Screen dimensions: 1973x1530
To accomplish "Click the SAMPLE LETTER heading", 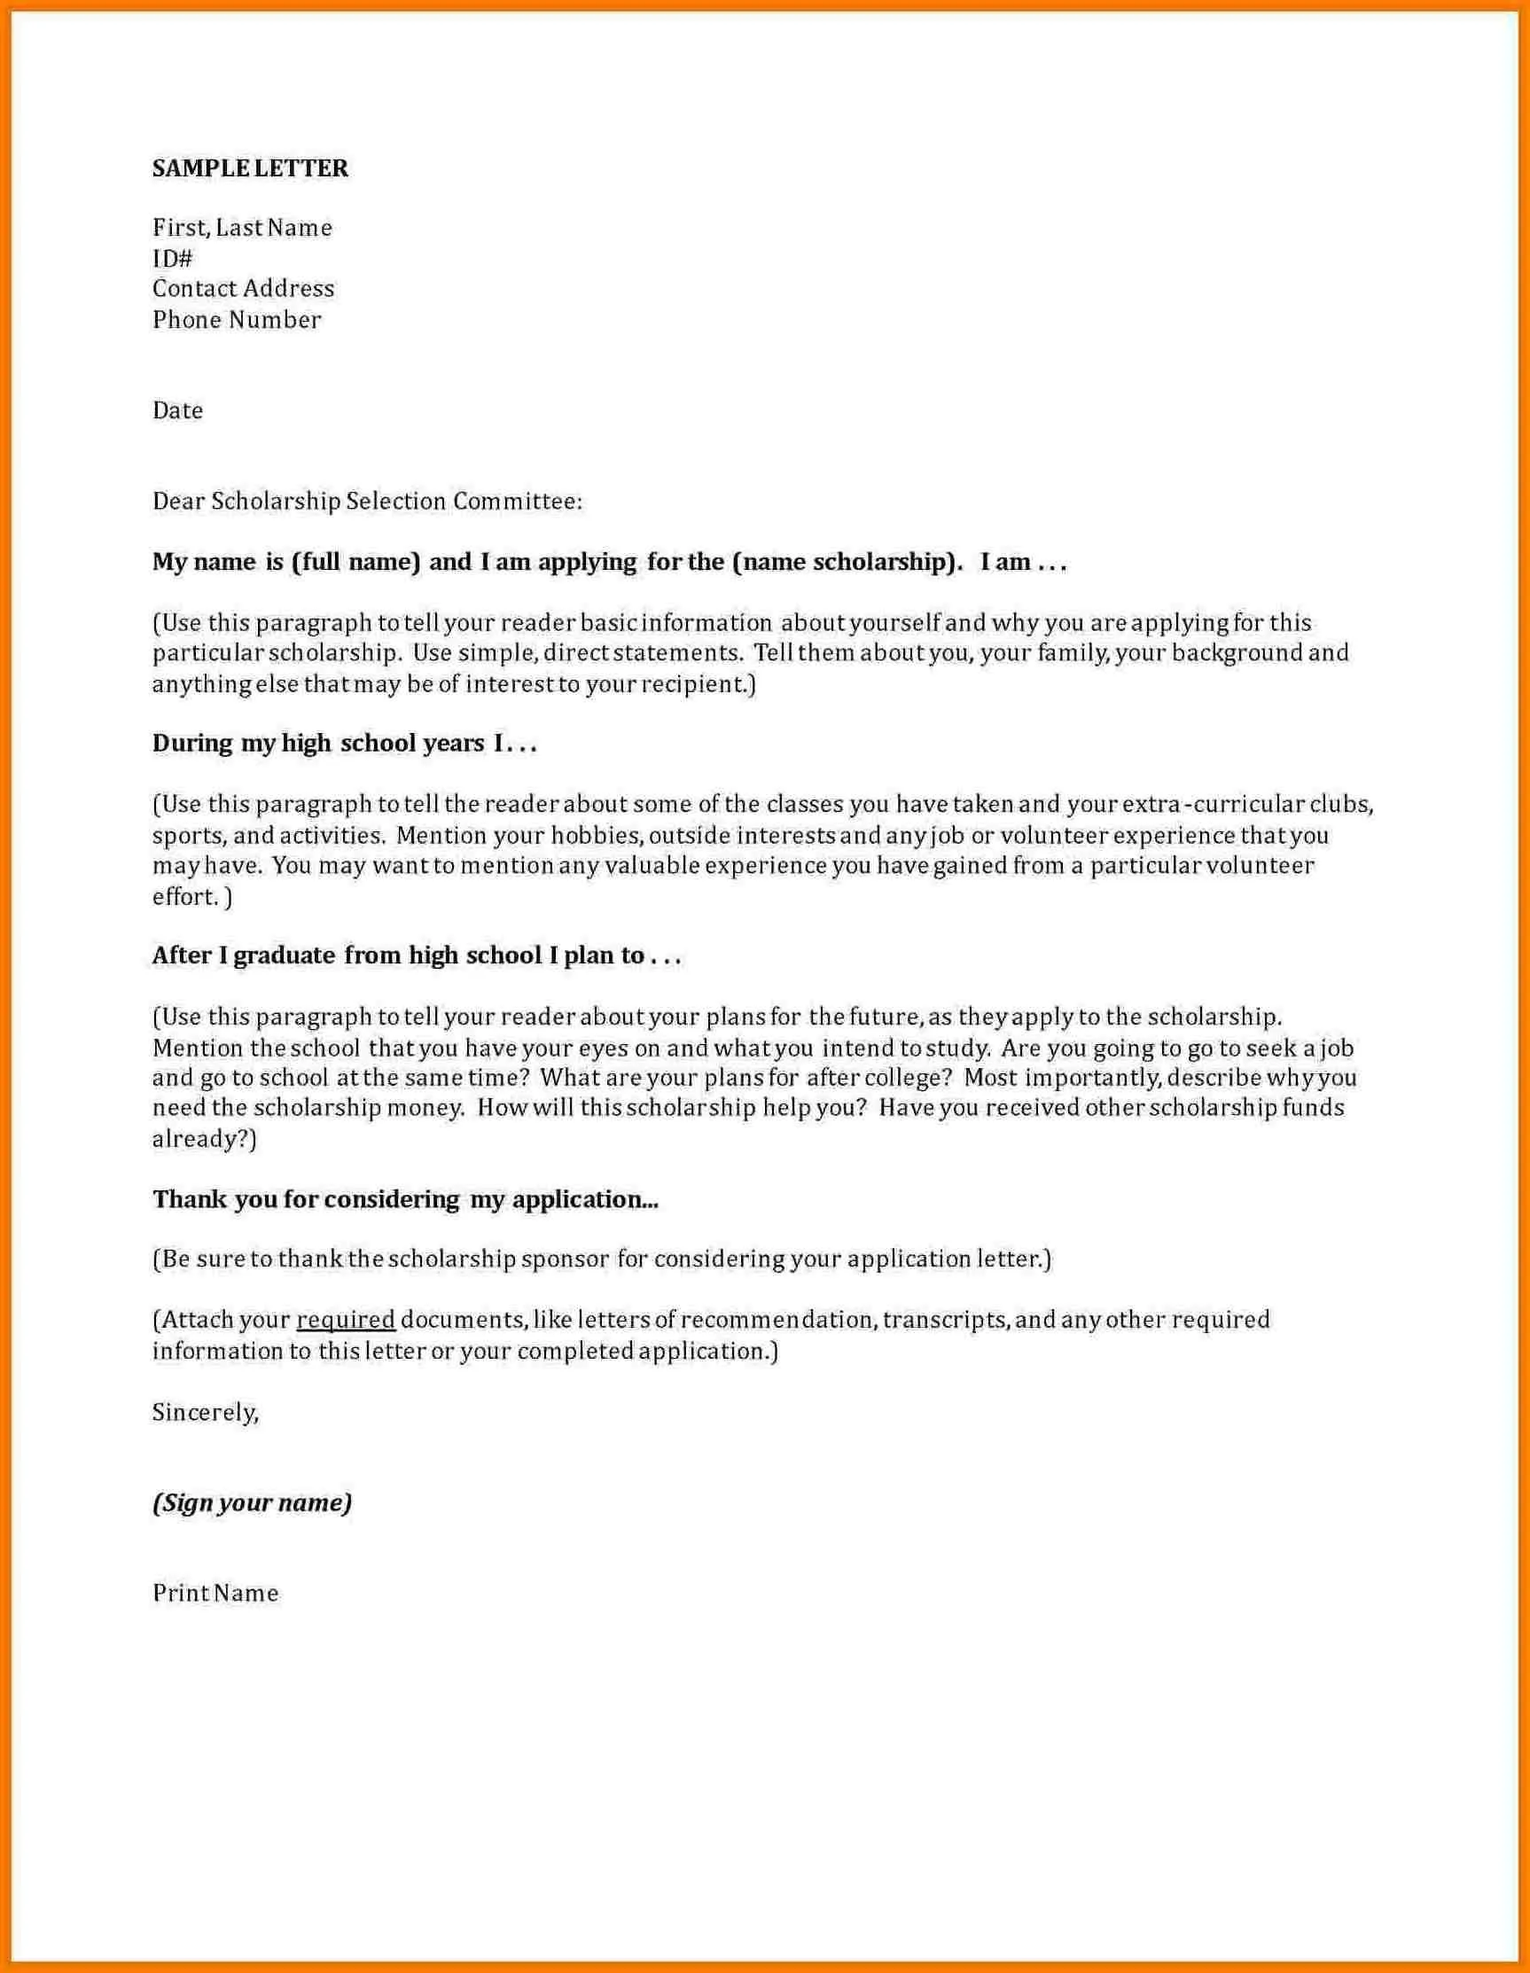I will pos(250,168).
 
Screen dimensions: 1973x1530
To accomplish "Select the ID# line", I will pos(173,259).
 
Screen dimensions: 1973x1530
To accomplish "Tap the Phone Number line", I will pos(237,320).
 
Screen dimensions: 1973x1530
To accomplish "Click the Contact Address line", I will pos(243,289).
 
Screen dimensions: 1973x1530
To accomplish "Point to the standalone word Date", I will pos(177,410).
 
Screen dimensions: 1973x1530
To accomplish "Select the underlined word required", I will pos(346,1320).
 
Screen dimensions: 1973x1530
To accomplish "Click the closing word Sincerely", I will pos(205,1412).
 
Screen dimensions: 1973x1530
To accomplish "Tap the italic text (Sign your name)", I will pos(252,1502).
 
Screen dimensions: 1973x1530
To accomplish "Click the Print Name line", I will pos(215,1593).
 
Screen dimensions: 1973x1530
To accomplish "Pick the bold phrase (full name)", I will pos(356,562).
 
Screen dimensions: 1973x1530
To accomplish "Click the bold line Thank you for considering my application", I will pos(405,1199).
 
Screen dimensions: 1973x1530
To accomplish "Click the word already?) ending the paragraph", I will pos(204,1139).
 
